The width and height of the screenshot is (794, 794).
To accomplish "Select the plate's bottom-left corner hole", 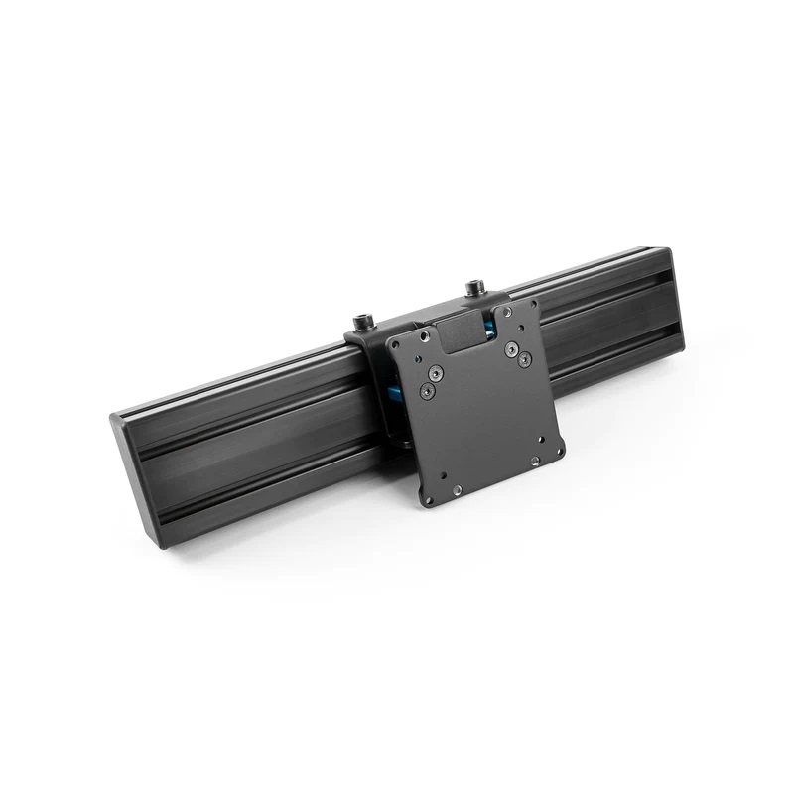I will [427, 499].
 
